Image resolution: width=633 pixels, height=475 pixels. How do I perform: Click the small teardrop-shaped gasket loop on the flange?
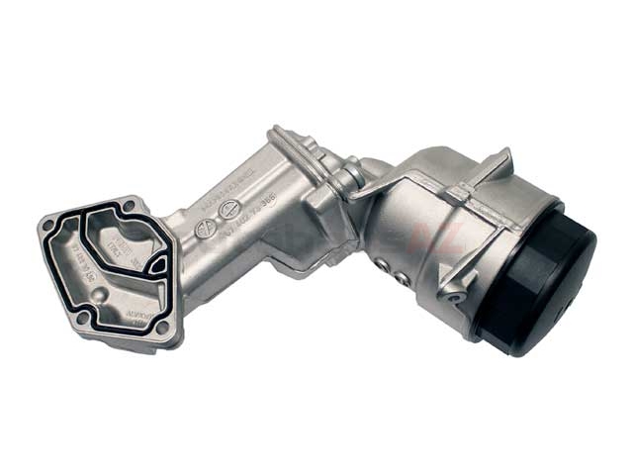[x=156, y=265]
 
